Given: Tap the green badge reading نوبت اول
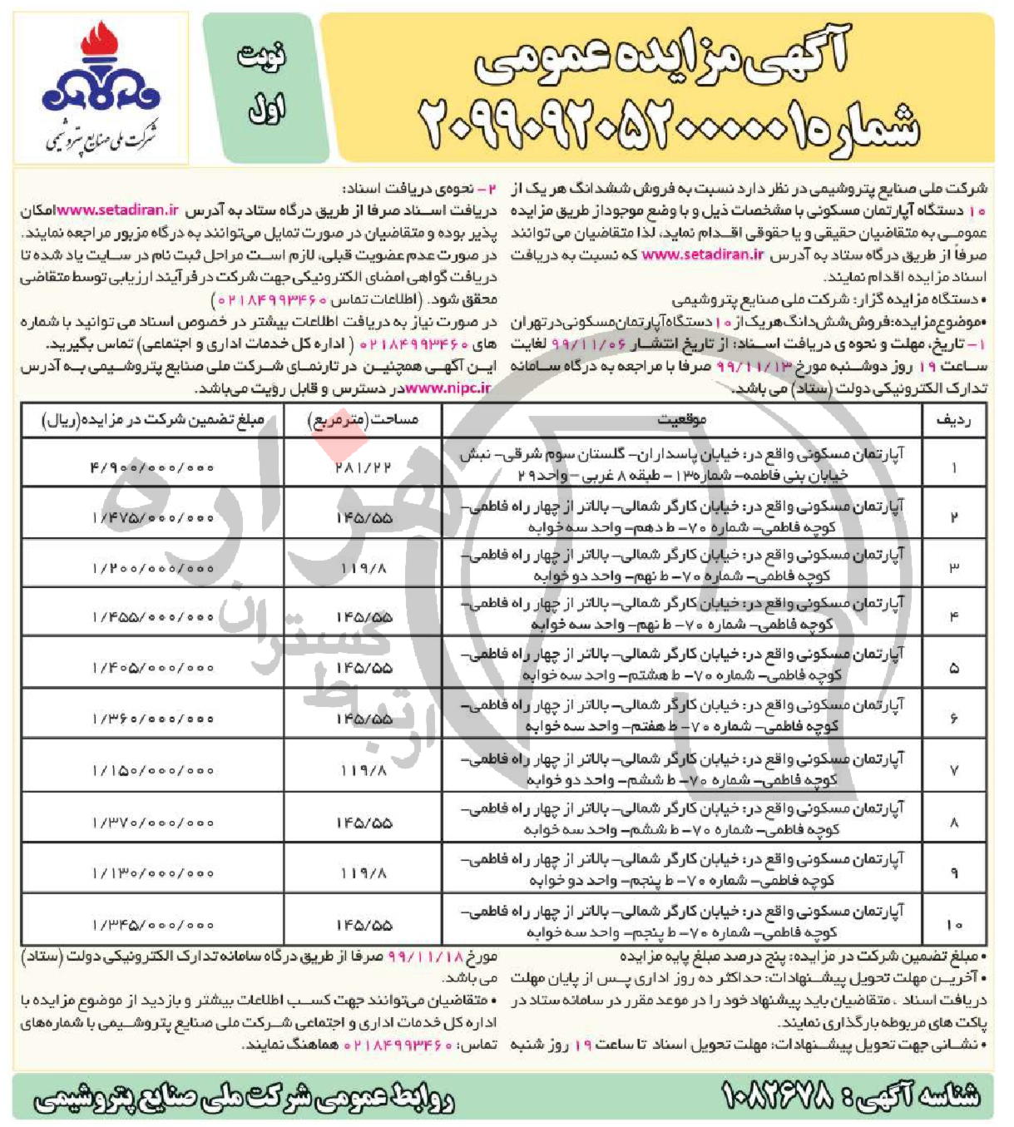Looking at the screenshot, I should click(x=260, y=83).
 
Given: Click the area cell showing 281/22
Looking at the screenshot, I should click(x=363, y=467).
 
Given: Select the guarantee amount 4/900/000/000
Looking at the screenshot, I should click(x=153, y=467).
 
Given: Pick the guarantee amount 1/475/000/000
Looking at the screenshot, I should click(x=153, y=518).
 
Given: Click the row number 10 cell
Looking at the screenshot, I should click(x=953, y=924).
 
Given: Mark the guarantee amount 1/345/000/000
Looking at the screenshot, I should click(x=153, y=924).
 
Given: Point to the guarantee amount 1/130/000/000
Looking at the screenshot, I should click(x=153, y=872).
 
